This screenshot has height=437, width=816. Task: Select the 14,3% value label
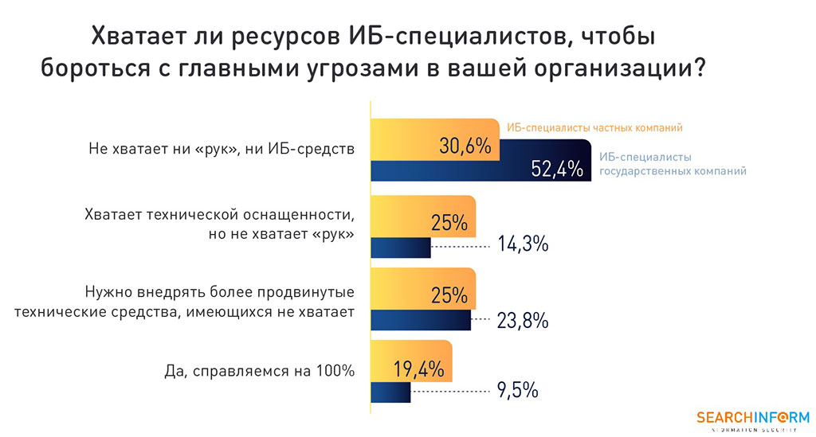click(x=522, y=244)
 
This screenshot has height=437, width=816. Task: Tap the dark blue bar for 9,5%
click(x=390, y=392)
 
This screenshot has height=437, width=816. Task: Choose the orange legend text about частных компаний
click(x=595, y=127)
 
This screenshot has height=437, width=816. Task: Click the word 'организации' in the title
click(x=618, y=68)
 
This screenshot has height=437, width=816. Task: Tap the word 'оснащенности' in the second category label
click(x=304, y=216)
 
